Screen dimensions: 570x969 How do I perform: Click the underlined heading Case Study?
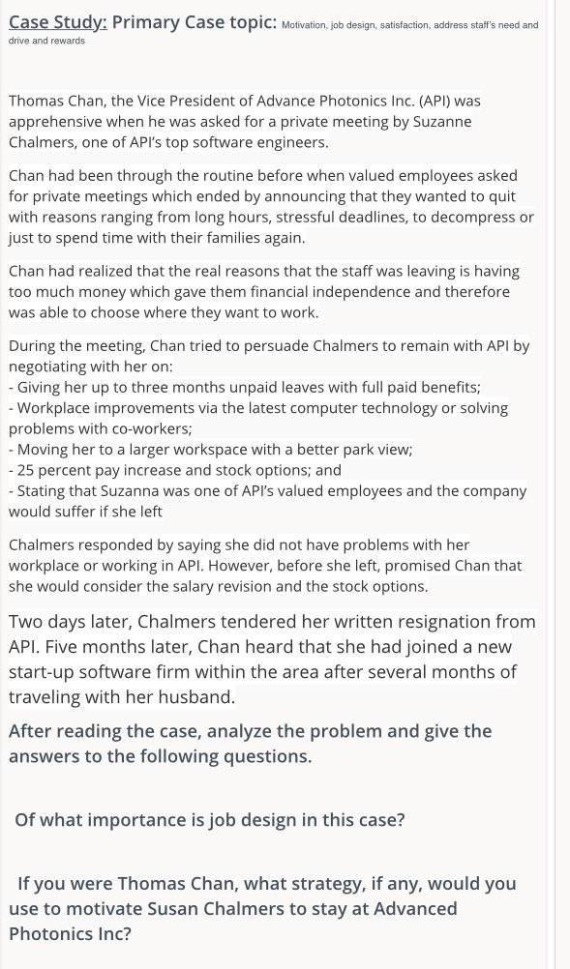(x=57, y=21)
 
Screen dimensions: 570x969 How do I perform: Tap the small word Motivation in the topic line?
(x=303, y=26)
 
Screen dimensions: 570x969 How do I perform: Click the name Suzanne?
(x=435, y=122)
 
